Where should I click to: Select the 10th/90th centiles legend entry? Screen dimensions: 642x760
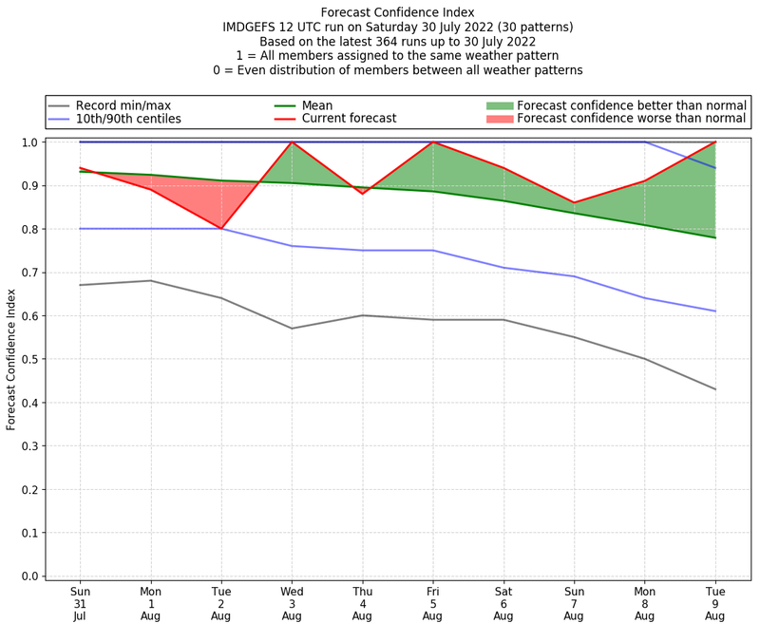[128, 119]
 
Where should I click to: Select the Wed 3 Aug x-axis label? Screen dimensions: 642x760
[292, 602]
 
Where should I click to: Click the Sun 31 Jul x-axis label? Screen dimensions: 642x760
[80, 602]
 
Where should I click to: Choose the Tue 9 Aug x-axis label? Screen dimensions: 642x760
[714, 602]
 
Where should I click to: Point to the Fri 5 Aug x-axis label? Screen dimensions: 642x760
[432, 602]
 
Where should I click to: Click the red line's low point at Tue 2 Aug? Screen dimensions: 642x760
[221, 229]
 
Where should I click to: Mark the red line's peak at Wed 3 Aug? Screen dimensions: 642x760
[292, 142]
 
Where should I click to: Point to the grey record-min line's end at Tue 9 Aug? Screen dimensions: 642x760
[714, 389]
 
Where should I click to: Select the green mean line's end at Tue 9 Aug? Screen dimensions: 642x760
[714, 237]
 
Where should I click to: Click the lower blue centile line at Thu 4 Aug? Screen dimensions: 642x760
[362, 251]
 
